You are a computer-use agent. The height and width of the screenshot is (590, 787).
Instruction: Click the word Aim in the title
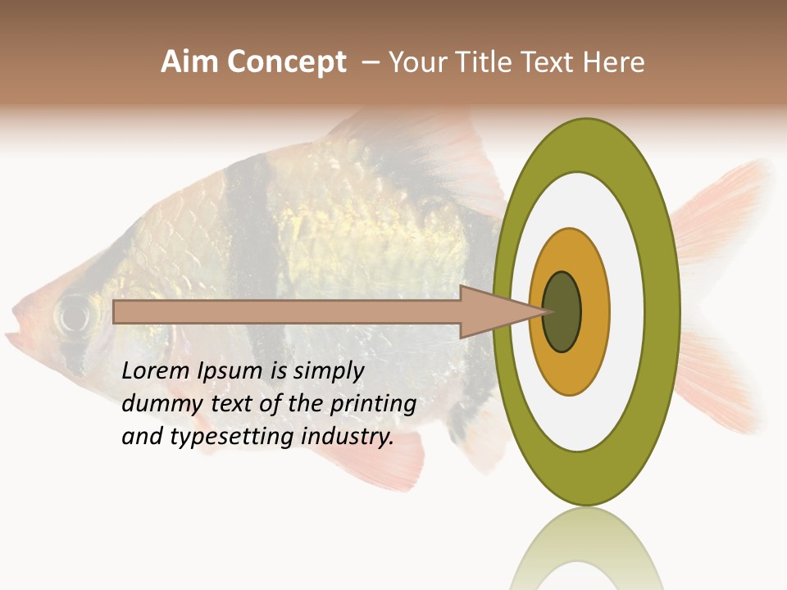pyautogui.click(x=190, y=62)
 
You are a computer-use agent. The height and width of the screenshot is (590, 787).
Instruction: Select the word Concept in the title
pyautogui.click(x=286, y=62)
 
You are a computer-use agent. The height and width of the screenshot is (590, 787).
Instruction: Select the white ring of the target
pyautogui.click(x=627, y=312)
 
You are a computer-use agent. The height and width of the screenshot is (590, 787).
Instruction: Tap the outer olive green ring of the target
pyautogui.click(x=662, y=312)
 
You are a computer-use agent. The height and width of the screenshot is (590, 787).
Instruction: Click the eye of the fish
pyautogui.click(x=74, y=314)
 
